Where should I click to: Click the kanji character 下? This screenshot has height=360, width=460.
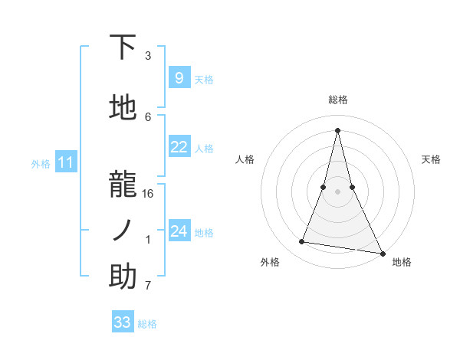pos(123,47)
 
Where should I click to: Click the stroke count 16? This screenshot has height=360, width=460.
pos(148,194)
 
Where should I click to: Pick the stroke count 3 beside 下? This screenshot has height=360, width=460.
pos(148,56)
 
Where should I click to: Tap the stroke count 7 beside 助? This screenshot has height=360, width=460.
pos(148,286)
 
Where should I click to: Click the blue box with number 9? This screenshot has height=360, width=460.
pos(179,78)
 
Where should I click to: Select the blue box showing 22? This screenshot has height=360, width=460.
pos(179,147)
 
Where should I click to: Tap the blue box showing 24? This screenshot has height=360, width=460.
pos(179,231)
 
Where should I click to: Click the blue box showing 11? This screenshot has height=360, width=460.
pos(66,162)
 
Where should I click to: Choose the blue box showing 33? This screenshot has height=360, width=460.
pos(122,322)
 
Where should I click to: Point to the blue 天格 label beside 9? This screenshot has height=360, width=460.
pos(204,79)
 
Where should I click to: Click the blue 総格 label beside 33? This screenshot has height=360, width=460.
pos(147,324)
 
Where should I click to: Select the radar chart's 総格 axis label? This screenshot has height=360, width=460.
pos(338,100)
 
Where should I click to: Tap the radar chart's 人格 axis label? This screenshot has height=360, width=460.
pos(245,159)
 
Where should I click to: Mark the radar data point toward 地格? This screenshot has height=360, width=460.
pos(383,254)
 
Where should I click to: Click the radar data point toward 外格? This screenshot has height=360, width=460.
pos(302,242)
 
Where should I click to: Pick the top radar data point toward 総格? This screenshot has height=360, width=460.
pos(338,130)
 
